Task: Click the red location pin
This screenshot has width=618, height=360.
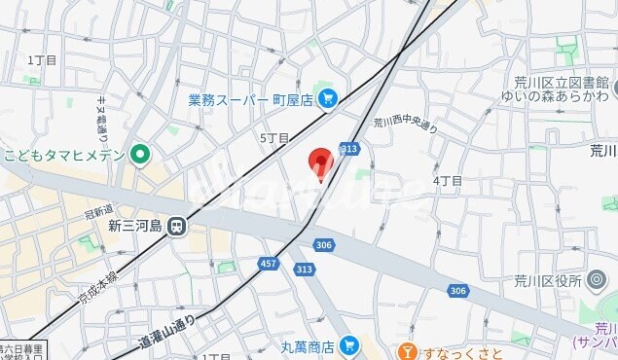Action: (x=320, y=162)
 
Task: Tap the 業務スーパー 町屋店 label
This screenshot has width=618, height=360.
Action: (x=250, y=98)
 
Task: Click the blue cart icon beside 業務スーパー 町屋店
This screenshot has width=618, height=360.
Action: (x=327, y=97)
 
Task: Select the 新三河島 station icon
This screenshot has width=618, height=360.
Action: (x=176, y=226)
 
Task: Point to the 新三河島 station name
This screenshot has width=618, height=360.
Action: (x=133, y=226)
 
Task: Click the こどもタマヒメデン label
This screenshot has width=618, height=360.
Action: (x=64, y=154)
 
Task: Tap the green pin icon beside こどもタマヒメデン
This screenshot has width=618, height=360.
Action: (x=142, y=154)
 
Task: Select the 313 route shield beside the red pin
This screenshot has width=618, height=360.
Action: (x=348, y=148)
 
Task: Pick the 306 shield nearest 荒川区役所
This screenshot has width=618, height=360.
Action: (x=458, y=290)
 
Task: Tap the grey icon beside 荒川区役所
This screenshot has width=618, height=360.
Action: (x=597, y=281)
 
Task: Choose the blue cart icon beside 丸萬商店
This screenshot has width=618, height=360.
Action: (x=350, y=345)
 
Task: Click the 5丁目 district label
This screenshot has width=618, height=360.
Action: (x=274, y=138)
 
